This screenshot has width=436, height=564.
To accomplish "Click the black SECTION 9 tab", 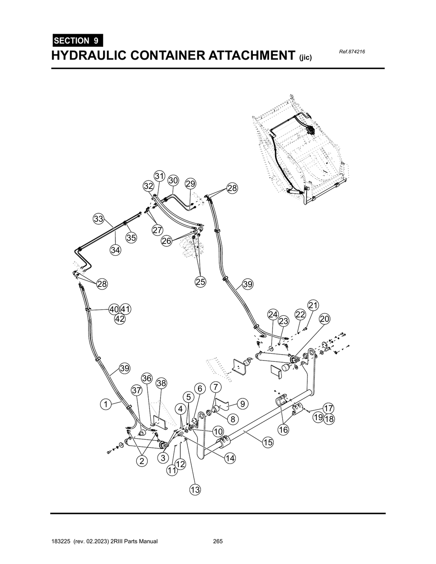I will (77, 41).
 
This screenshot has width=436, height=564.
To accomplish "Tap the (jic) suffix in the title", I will (306, 57).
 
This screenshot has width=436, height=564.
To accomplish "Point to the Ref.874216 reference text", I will (353, 52).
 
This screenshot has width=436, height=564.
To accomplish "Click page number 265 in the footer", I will (218, 541).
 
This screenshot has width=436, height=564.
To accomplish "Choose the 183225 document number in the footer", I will (61, 541).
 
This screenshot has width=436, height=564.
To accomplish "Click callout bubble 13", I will (195, 490).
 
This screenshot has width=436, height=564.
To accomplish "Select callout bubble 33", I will (98, 219).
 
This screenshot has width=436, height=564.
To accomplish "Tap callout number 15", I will (267, 443).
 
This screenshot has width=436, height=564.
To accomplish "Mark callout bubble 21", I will (313, 305).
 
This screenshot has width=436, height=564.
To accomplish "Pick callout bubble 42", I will (120, 319).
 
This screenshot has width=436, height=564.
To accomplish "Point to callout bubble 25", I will (200, 282).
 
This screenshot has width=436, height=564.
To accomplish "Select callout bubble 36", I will (147, 378).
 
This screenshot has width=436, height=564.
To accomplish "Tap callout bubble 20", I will (325, 319).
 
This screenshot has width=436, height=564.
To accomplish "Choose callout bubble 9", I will (242, 404).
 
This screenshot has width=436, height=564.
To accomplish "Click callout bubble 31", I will (159, 176).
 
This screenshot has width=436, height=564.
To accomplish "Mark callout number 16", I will (283, 430).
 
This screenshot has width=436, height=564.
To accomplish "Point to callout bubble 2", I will (142, 461).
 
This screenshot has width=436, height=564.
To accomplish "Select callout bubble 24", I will (273, 315).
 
